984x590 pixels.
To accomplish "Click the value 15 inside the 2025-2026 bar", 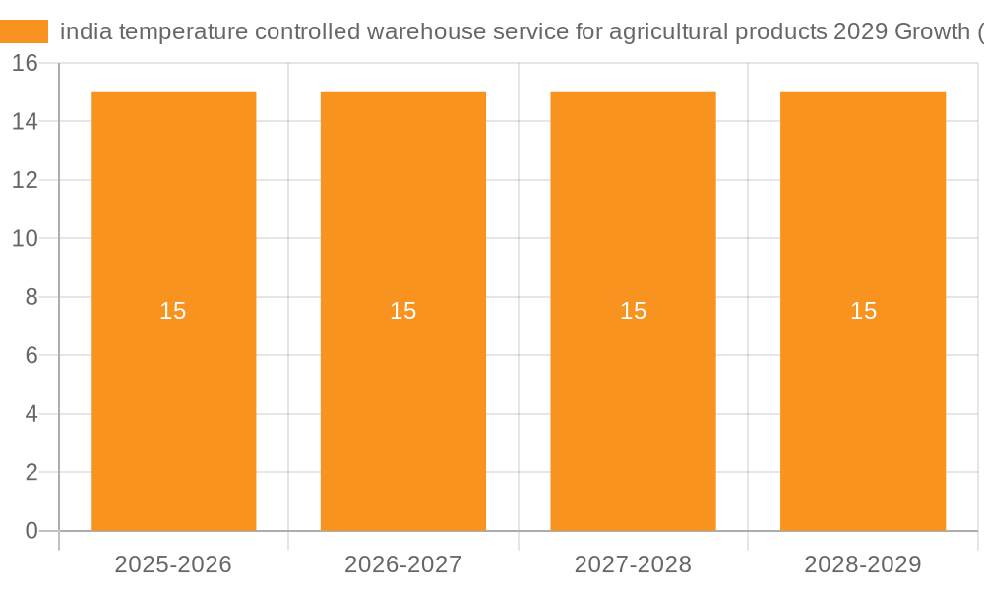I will [x=173, y=311].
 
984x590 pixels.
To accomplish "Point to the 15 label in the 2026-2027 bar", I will [x=403, y=311].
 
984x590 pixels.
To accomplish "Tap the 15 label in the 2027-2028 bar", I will [x=633, y=311].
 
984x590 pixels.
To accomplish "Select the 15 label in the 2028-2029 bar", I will [x=863, y=311].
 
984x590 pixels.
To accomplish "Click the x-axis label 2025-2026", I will [x=173, y=564].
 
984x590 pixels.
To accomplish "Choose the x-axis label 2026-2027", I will [x=403, y=564].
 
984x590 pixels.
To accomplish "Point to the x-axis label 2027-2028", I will [x=633, y=564].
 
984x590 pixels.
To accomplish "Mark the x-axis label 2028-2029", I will [x=863, y=564].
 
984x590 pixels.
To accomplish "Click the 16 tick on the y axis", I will [x=25, y=63].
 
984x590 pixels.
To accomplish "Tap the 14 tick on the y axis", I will [x=25, y=121].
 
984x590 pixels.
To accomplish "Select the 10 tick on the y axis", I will [x=25, y=238].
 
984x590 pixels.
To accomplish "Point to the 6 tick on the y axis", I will [x=31, y=355].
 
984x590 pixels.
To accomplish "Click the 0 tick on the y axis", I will [x=31, y=531].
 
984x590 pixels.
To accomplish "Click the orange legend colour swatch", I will [x=24, y=31].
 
